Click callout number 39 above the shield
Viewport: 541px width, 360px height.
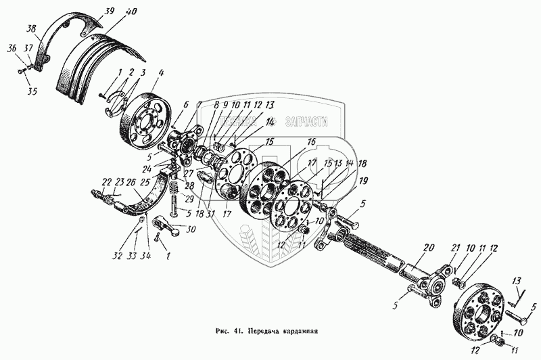[x=110, y=10]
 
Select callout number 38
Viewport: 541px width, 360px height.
[x=30, y=30]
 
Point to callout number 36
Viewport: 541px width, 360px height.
[x=11, y=48]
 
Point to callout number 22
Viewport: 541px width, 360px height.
[x=105, y=181]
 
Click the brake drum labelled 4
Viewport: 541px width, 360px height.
[x=145, y=112]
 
